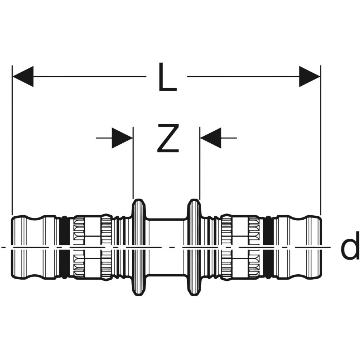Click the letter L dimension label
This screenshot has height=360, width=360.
pyautogui.click(x=168, y=76)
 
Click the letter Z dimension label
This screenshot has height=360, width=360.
pyautogui.click(x=168, y=138)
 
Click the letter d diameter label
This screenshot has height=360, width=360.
pyautogui.click(x=350, y=246)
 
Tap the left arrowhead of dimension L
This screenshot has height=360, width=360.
pyautogui.click(x=23, y=76)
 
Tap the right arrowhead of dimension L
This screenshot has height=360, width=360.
pyautogui.click(x=310, y=76)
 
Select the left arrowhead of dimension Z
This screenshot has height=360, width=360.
pyautogui.click(x=122, y=138)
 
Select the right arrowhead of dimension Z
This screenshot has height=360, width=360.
pyautogui.click(x=211, y=138)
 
